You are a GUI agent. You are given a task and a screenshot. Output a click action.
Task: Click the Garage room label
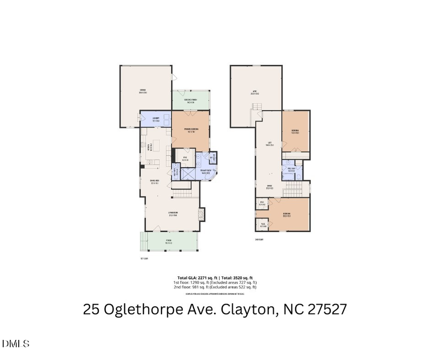coord(142,91)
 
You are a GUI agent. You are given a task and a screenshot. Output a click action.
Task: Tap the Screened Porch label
coord(191,101)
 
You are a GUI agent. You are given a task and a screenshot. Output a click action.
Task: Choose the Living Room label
coord(173,214)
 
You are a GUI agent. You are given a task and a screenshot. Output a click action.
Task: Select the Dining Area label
coord(154,181)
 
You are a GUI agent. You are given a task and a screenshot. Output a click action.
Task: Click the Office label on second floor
coord(269,187)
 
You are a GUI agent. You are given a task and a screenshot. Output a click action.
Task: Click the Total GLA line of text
coord(215,278)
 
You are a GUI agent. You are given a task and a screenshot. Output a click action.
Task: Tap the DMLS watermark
coord(16,344)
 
